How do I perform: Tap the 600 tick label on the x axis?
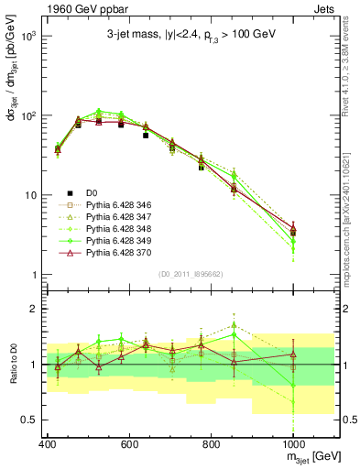129,443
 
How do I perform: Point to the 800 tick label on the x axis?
211,443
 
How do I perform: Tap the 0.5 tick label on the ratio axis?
27,420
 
